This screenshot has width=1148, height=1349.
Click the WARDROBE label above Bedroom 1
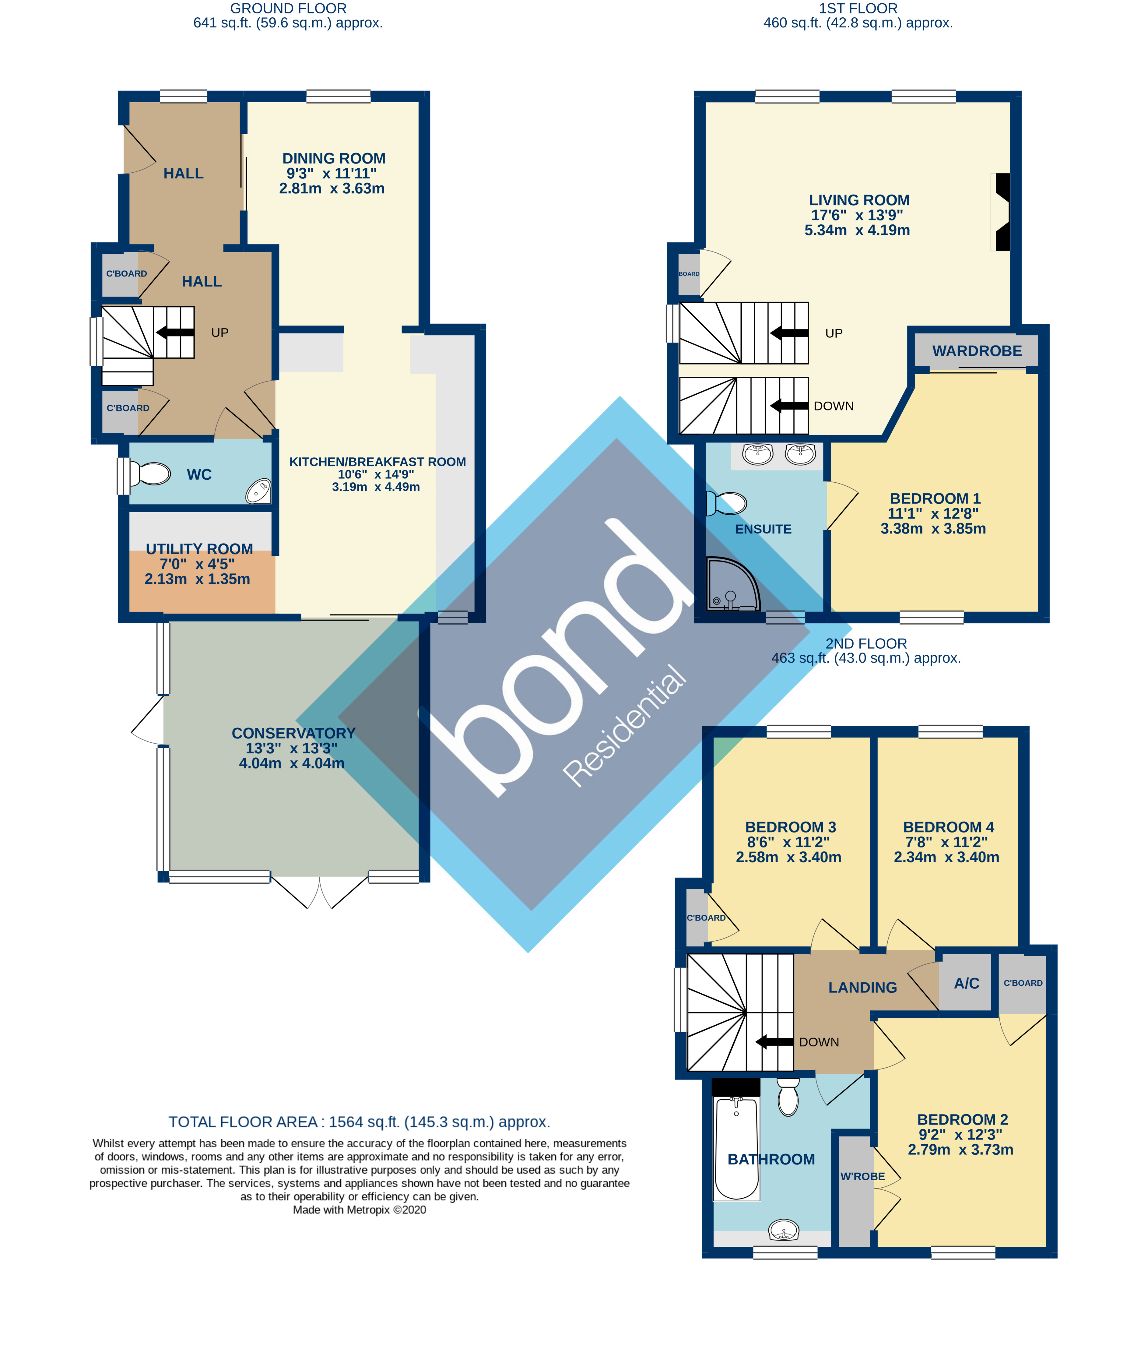[x=977, y=351]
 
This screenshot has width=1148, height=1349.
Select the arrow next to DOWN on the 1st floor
[x=789, y=406]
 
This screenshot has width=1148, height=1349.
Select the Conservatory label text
[x=293, y=733]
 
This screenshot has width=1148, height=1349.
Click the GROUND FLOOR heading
[x=288, y=9]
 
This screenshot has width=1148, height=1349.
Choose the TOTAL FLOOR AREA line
[x=359, y=1122]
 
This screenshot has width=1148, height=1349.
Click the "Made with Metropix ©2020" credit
[x=359, y=1210]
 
